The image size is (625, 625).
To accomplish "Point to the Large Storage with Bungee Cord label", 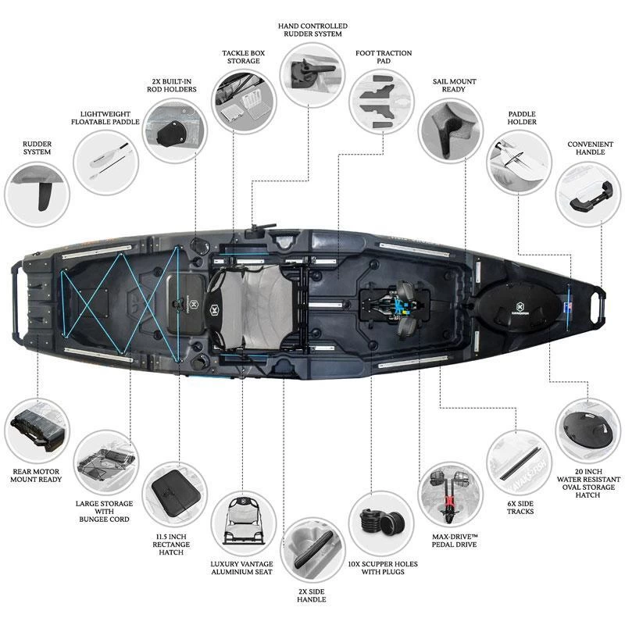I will [105, 511].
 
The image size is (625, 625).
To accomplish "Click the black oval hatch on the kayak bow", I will [520, 304].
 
